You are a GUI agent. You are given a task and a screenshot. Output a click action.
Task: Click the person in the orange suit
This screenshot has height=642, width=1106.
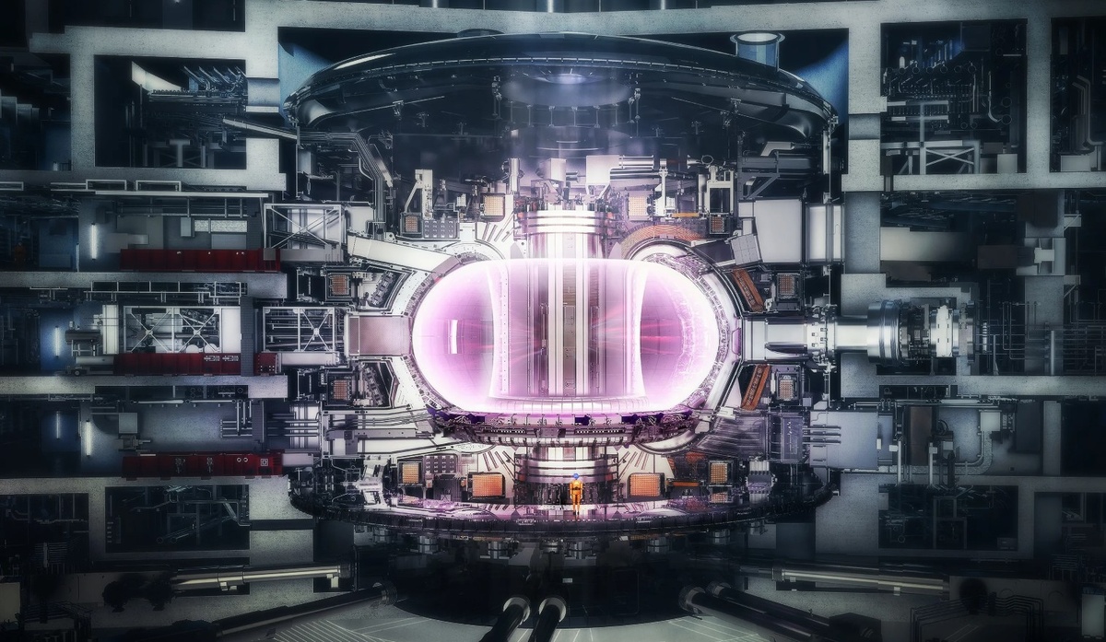(x=576, y=496)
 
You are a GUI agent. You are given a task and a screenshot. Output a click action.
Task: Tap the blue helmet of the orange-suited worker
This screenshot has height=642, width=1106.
(x=576, y=478)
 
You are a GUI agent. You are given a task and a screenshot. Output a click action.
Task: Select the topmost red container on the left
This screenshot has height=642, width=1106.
(x=199, y=259)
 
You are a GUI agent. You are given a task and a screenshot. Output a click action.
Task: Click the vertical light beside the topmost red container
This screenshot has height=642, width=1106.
(x=93, y=241)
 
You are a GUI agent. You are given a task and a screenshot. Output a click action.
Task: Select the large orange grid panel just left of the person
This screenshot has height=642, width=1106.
(x=487, y=485)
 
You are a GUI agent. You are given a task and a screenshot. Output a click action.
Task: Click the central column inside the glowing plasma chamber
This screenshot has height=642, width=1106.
(x=564, y=332)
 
